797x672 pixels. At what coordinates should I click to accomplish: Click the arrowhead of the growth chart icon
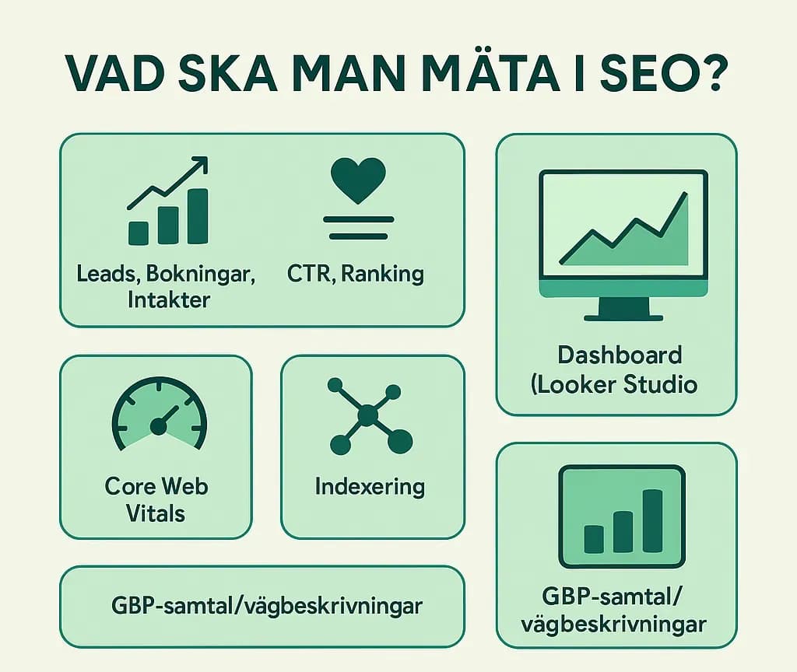[x=199, y=165]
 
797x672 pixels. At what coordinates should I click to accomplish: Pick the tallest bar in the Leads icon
[x=198, y=216]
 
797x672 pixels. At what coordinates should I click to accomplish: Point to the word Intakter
[x=169, y=299]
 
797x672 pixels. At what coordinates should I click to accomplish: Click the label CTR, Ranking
[x=355, y=274]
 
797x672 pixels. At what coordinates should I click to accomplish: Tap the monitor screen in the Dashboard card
[x=623, y=225]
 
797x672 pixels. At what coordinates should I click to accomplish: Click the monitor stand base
[x=623, y=318]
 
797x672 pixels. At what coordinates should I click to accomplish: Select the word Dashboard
[x=620, y=355]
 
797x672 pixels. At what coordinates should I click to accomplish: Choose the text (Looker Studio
[x=614, y=384]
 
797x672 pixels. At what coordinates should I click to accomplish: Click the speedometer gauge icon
[x=160, y=414]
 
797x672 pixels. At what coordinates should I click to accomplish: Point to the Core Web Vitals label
[x=156, y=500]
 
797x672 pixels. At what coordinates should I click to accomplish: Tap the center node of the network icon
[x=367, y=416]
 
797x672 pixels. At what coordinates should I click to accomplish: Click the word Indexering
[x=370, y=487]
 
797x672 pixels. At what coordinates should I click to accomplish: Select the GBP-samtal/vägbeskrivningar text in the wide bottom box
[x=267, y=606]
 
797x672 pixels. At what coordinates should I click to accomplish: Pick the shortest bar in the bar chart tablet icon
[x=594, y=540]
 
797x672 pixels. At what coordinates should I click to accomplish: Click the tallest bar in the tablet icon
[x=653, y=520]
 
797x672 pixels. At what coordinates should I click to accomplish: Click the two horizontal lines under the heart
[x=358, y=228]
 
